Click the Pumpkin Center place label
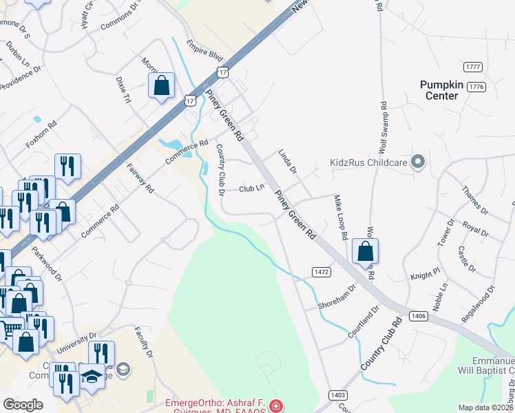(x=448, y=90)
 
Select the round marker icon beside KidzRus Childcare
(x=417, y=162)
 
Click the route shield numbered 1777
(x=473, y=67)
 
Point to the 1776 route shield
(x=476, y=87)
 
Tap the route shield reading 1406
(x=417, y=316)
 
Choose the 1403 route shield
(x=337, y=394)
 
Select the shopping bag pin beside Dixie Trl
(x=162, y=86)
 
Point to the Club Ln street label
(x=251, y=189)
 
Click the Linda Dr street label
(x=287, y=160)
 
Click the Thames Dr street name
(x=474, y=200)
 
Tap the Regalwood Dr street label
(x=479, y=304)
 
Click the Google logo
(x=23, y=405)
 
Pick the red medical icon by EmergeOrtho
(x=276, y=406)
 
